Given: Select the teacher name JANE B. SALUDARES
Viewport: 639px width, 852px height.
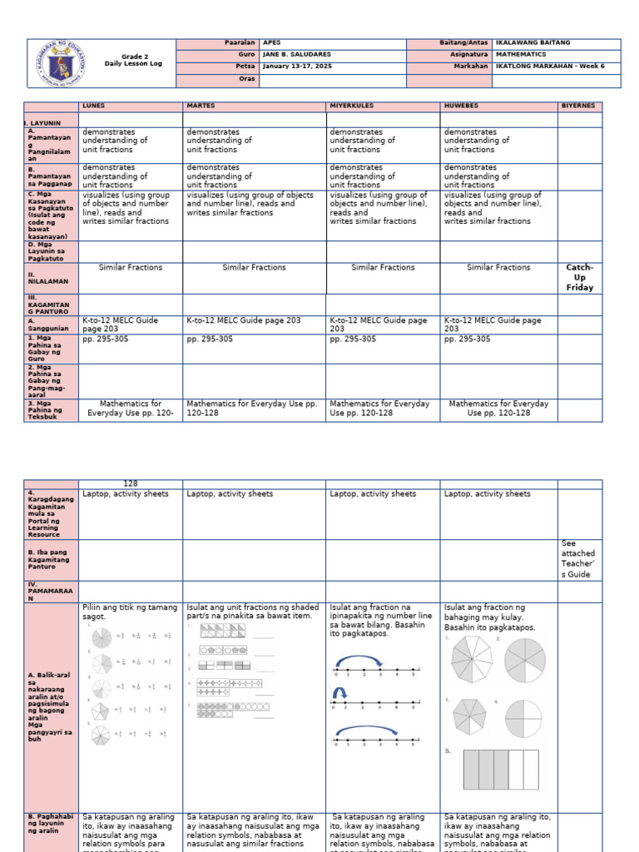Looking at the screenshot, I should [296, 54].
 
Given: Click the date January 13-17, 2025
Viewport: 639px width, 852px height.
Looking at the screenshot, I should [297, 66].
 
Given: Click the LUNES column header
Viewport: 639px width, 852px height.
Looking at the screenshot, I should [93, 106].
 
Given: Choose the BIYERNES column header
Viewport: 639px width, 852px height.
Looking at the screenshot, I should [579, 106].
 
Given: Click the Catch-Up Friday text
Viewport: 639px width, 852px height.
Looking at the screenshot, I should [579, 276].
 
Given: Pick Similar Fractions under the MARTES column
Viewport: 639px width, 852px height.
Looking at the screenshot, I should [254, 268].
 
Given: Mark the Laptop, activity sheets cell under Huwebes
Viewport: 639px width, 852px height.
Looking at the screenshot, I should [487, 494].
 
